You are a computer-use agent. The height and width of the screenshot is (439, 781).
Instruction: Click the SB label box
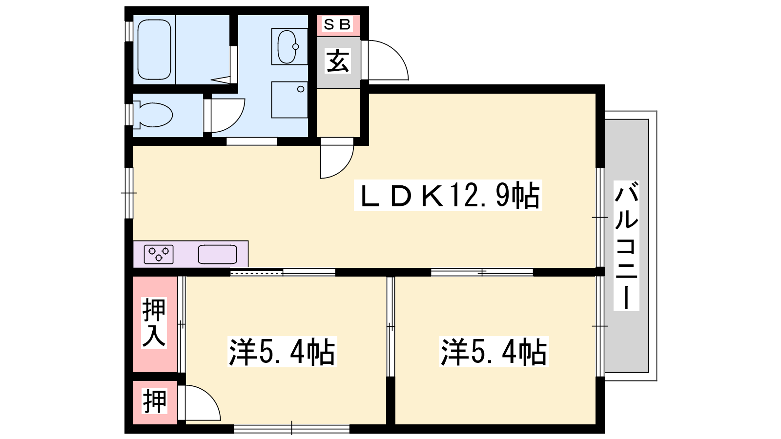(337, 24)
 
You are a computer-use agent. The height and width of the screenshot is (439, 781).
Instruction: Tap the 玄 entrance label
(337, 61)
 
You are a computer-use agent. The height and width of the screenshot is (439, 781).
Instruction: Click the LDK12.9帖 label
(448, 195)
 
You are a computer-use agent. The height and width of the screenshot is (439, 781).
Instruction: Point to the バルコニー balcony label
(626, 245)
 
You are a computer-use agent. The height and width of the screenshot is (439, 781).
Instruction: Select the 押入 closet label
(154, 323)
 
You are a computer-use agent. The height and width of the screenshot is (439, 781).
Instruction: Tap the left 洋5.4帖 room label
(282, 351)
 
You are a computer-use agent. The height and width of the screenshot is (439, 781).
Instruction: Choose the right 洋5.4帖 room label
(494, 351)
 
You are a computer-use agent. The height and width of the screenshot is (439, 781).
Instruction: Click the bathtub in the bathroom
(154, 49)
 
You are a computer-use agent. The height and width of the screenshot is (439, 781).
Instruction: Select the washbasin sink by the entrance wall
(288, 47)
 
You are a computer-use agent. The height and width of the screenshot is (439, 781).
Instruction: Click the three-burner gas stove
(159, 254)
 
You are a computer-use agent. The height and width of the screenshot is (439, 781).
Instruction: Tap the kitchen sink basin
(218, 254)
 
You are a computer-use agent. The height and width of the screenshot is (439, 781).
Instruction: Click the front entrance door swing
(385, 60)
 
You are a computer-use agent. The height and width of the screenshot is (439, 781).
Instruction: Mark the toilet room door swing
(225, 116)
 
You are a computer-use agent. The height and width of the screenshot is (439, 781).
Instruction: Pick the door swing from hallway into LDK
(337, 159)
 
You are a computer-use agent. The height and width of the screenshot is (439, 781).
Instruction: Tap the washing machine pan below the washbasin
(289, 100)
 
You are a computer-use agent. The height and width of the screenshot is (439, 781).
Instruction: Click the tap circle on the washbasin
(296, 46)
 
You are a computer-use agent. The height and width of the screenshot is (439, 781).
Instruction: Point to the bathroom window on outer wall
(129, 31)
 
